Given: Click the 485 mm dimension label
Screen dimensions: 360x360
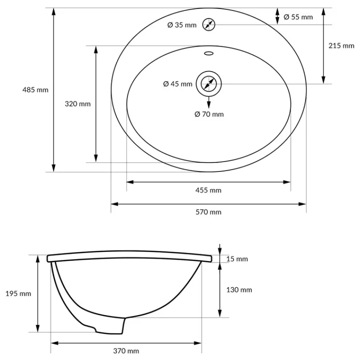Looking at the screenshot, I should (35, 90).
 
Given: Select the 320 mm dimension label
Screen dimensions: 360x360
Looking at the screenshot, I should (77, 104).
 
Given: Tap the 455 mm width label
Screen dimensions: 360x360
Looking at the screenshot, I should (209, 190).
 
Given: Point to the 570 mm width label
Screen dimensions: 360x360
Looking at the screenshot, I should (209, 212).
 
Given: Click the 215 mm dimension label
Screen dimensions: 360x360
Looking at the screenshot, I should (342, 45).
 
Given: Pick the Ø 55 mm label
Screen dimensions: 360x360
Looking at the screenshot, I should (298, 17).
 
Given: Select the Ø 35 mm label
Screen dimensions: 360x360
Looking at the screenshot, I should (182, 25).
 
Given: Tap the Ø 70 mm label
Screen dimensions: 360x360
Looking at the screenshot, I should (209, 114).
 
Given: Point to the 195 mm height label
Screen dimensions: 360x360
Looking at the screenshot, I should (18, 293).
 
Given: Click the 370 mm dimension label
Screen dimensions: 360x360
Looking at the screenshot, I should (126, 351).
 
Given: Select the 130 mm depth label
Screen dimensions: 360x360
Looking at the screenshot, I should (239, 290).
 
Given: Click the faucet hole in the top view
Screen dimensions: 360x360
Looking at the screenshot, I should (208, 24).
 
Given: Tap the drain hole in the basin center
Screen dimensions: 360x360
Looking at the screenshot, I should (208, 84).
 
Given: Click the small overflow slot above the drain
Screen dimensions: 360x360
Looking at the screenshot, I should (208, 53).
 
